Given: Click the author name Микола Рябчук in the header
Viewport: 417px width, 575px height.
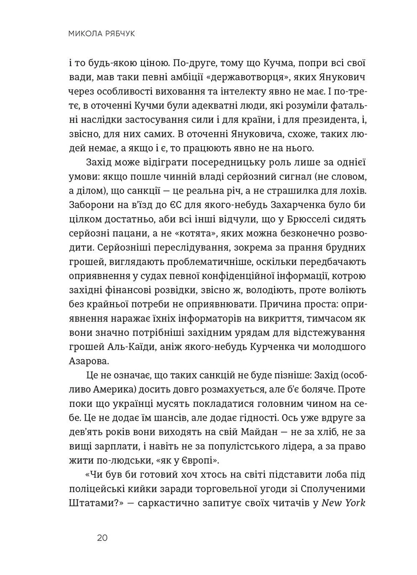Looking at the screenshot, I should coord(101,34).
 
